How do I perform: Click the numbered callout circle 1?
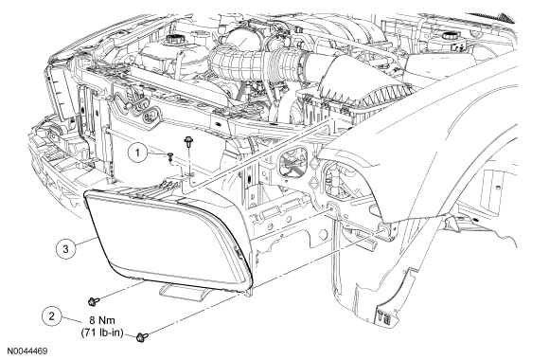[137, 153]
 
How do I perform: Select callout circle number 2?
[52, 316]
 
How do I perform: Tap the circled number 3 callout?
[66, 249]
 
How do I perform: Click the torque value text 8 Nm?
[102, 320]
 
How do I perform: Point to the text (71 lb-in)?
[102, 333]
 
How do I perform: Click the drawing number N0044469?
[27, 351]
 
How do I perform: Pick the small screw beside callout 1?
[170, 156]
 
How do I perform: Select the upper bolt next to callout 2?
[94, 300]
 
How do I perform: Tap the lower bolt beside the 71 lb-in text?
[142, 337]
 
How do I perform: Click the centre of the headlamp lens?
[168, 239]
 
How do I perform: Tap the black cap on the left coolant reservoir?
[173, 39]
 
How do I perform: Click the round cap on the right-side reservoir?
[448, 36]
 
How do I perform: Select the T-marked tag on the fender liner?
[387, 315]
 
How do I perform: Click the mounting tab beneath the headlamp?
[182, 292]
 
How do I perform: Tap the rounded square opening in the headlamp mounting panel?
[292, 163]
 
